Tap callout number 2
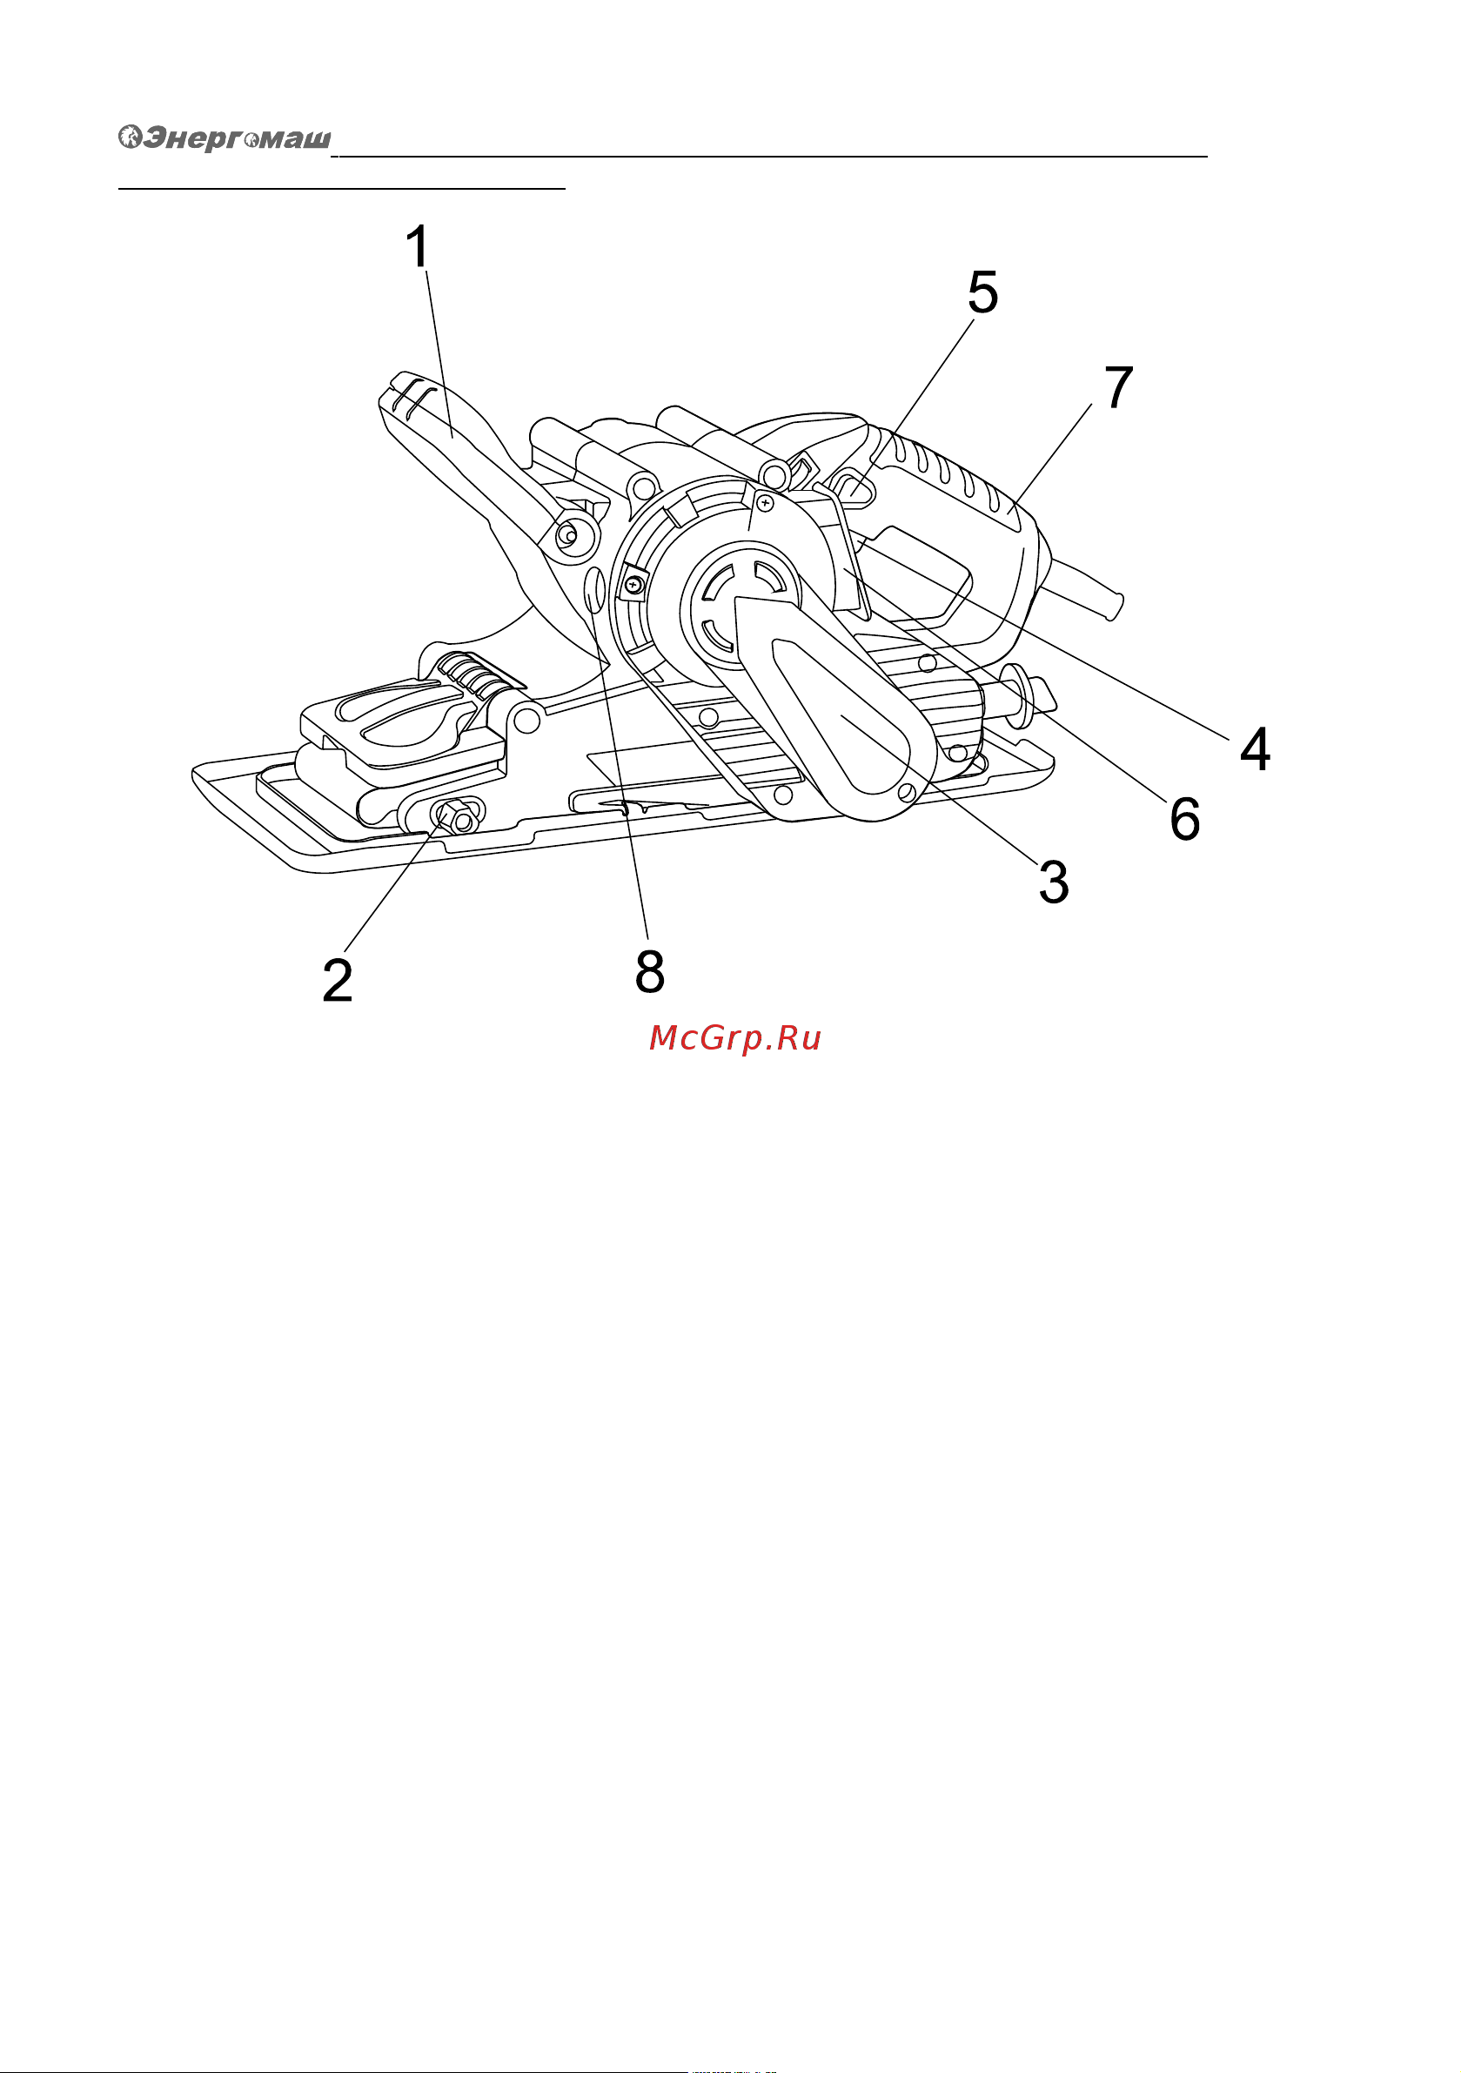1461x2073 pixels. coord(338,980)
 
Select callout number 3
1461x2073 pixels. coord(1054,882)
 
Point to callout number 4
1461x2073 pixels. coord(1255,748)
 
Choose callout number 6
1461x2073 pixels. coord(1184,819)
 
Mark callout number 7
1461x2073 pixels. coord(1119,387)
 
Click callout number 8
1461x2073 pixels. coord(650,971)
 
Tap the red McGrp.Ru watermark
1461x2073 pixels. coord(735,1038)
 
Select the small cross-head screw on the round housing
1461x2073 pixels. coord(766,502)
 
